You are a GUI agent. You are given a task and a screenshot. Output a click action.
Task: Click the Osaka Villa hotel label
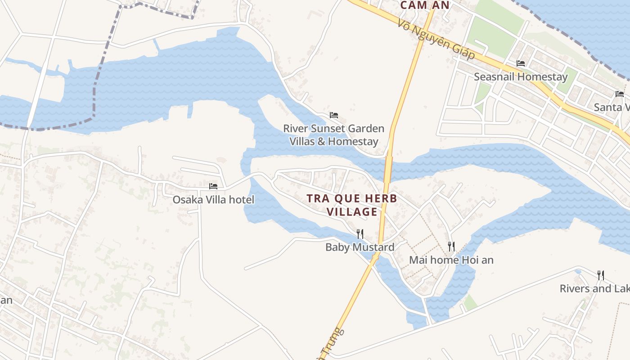point(213,199)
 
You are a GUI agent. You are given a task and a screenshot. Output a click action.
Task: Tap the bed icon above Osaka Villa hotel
point(213,186)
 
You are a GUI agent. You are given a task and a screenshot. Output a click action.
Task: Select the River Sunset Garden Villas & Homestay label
point(333,135)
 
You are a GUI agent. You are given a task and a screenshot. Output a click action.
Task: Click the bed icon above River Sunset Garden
point(334,115)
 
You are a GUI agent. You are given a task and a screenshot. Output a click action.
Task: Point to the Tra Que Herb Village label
point(352,205)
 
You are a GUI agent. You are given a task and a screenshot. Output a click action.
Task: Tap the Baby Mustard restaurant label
point(360,247)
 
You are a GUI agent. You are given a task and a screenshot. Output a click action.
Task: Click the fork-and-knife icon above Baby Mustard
point(360,234)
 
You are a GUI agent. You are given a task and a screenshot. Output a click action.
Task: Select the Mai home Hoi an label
point(451,260)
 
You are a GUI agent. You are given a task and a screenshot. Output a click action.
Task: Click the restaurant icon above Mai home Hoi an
point(451,246)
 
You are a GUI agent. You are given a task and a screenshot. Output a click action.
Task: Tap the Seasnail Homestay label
point(521,77)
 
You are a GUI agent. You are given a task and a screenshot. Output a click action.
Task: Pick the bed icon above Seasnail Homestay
point(521,63)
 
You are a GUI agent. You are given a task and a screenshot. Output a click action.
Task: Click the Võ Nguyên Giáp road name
point(436,39)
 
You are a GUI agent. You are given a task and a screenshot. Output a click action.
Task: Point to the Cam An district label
point(425,5)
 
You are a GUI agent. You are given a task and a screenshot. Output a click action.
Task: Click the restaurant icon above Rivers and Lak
point(600,275)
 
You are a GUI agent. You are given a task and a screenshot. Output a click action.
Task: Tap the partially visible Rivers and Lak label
point(594,288)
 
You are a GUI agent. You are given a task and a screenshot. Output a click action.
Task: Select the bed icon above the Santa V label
point(620,94)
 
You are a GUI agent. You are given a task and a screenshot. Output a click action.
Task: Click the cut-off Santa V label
point(611,107)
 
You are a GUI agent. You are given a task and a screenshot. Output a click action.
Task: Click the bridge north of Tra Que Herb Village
point(388,169)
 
